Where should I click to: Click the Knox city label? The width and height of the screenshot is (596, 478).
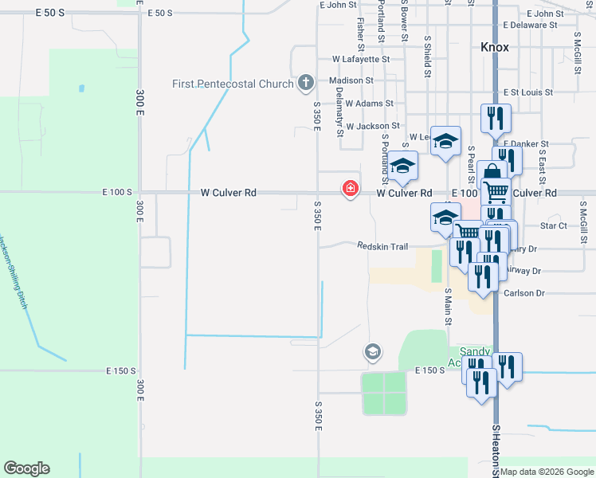click(x=495, y=47)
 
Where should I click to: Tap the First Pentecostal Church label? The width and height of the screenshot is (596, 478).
click(x=233, y=84)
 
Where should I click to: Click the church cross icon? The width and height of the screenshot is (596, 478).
click(x=305, y=82)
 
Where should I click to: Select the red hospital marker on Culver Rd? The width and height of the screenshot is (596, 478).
click(x=349, y=189)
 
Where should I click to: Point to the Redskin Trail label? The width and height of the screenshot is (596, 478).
click(x=382, y=246)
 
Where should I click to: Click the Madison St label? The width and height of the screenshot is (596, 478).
click(x=351, y=80)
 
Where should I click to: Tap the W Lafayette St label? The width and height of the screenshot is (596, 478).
click(x=361, y=59)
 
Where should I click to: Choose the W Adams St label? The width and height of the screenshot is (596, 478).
click(x=369, y=104)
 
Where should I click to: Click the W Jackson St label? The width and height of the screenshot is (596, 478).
click(x=372, y=126)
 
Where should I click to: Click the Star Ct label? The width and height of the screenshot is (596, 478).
click(x=553, y=226)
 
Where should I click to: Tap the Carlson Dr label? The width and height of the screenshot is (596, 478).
click(x=523, y=293)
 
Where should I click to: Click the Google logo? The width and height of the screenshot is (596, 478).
click(x=26, y=468)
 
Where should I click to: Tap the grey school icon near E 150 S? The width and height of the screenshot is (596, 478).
click(x=372, y=351)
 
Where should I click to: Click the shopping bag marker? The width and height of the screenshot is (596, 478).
click(x=492, y=173)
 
